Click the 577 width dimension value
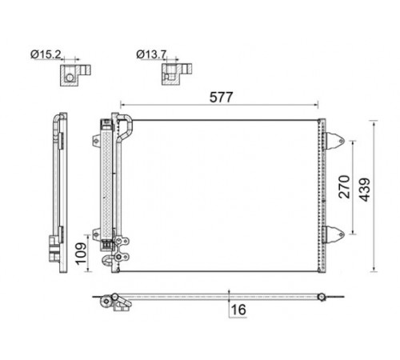pos(221,97)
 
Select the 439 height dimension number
pos(365,190)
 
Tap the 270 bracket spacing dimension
pos(344,186)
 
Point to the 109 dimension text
pos(81,254)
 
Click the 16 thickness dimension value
pos(238,310)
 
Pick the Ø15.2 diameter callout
pos(46,54)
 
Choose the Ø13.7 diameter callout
pos(151,54)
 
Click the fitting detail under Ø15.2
pos(75,75)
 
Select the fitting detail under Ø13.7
pos(177,74)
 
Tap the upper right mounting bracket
pos(334,141)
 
